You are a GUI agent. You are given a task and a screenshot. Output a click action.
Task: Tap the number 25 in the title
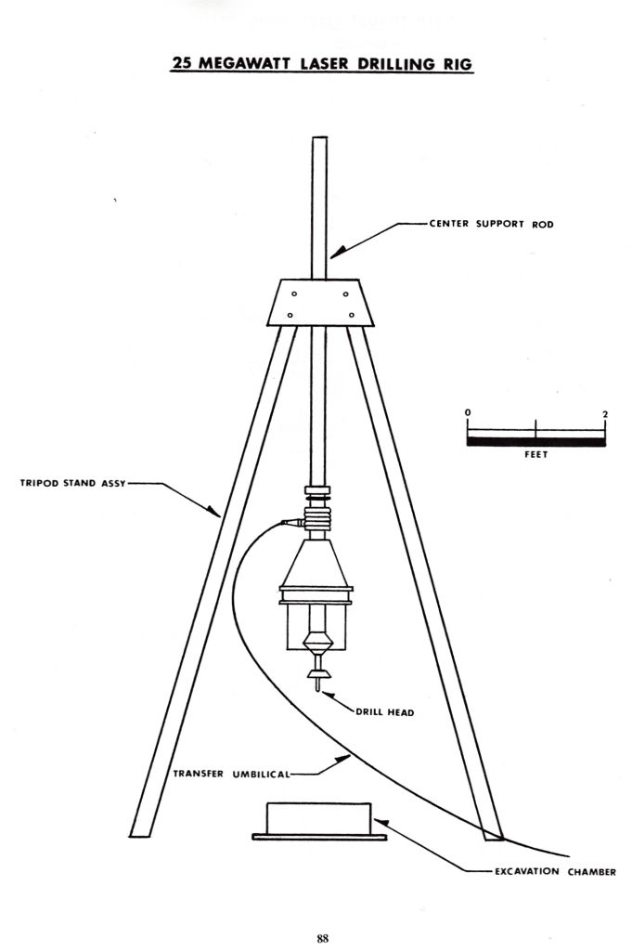click(183, 64)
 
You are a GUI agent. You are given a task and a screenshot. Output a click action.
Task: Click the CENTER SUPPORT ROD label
click(492, 224)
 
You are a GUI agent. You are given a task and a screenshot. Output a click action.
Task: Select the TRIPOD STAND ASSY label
click(72, 483)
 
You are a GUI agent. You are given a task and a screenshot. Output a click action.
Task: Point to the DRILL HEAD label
click(385, 712)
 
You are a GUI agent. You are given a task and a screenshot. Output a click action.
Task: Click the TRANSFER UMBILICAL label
click(231, 774)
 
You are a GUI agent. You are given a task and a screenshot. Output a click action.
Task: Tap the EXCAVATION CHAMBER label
click(555, 871)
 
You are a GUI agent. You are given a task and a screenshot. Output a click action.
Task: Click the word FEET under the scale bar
click(535, 454)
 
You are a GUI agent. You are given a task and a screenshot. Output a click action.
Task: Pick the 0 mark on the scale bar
click(468, 412)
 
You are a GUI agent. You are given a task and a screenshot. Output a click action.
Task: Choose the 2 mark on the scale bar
click(605, 413)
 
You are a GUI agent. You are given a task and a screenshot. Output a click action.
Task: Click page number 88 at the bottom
click(322, 938)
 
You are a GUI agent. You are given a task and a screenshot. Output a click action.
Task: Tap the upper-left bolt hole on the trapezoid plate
click(294, 294)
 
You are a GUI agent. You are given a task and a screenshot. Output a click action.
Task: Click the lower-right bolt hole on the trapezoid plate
click(352, 315)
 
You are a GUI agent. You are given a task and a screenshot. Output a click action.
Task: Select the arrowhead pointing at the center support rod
click(338, 252)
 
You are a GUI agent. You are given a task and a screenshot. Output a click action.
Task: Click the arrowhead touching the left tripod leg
click(213, 512)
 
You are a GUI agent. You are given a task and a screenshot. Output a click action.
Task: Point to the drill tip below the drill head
click(316, 684)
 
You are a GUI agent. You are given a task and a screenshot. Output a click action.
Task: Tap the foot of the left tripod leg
click(139, 835)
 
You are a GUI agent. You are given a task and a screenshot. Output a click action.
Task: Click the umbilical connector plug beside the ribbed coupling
click(292, 522)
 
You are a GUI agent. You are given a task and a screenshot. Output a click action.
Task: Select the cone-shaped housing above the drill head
click(316, 564)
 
